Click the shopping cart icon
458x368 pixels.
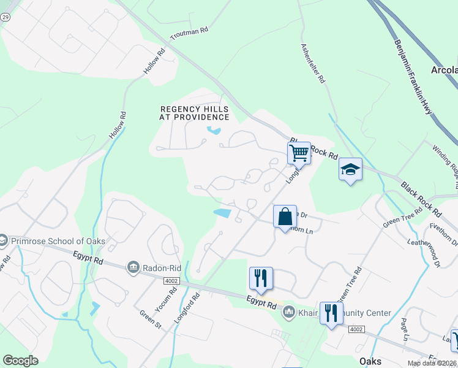pyautogui.click(x=299, y=152)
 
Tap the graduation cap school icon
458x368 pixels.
pyautogui.click(x=351, y=169)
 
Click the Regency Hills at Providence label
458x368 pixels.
pyautogui.click(x=195, y=112)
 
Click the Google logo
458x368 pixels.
pyautogui.click(x=20, y=361)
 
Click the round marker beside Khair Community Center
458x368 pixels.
pyautogui.click(x=288, y=313)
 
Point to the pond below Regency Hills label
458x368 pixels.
pyautogui.click(x=214, y=130)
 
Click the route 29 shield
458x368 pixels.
pyautogui.click(x=5, y=18)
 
